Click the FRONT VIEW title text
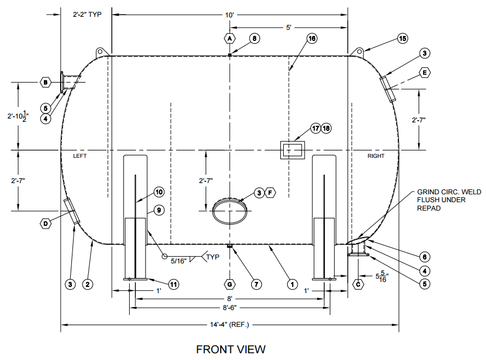230,349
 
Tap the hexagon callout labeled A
229,39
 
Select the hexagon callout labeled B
46,83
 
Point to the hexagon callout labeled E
425,73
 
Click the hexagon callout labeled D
45,224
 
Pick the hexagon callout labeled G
229,284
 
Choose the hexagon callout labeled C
358,284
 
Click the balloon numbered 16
312,39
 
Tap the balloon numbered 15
402,39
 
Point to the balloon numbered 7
256,284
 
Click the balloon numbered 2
87,284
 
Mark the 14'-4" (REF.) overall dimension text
230,325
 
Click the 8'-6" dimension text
229,308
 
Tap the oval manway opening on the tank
229,211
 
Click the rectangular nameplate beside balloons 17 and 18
292,151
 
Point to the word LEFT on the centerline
79,156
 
